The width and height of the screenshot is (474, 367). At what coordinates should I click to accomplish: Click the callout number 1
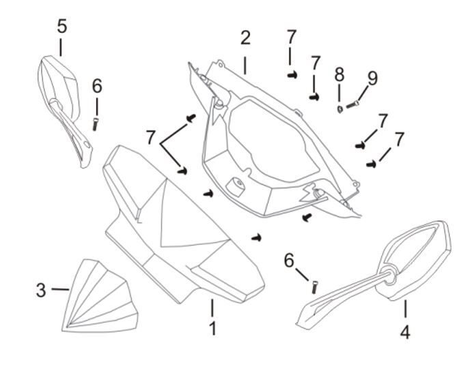pos(213,328)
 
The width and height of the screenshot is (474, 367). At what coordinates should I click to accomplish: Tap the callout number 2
pos(245,38)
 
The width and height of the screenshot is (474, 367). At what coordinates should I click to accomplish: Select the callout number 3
pos(42,289)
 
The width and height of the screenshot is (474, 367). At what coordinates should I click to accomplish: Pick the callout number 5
pos(61,27)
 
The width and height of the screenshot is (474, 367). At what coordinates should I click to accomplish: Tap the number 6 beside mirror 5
pos(97,85)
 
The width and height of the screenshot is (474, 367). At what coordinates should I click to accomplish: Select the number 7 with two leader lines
pos(150,137)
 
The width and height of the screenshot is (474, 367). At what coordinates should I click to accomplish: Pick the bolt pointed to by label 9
pos(354,104)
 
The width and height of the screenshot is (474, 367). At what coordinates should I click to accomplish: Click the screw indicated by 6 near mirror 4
pos(314,287)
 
